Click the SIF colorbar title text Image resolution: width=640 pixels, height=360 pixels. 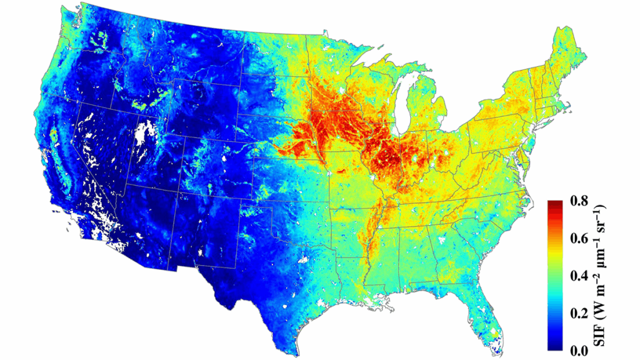coord(602,275)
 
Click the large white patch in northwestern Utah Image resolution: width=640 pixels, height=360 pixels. coord(144,133)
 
